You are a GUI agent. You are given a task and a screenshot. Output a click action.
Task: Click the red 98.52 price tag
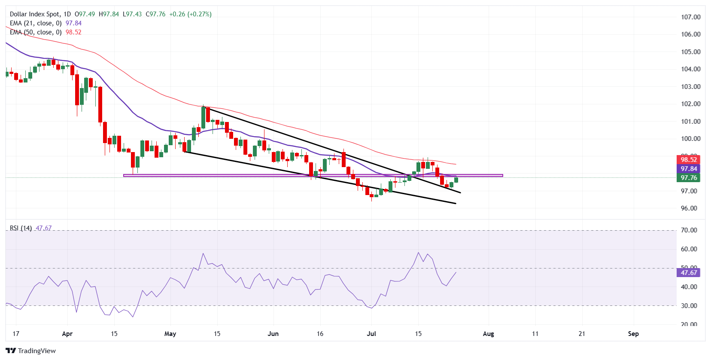tap(689, 160)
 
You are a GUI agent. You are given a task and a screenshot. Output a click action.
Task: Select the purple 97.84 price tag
tap(689, 169)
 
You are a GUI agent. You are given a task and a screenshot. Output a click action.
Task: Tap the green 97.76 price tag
tap(689, 178)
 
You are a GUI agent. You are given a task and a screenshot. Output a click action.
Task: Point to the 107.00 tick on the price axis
tap(690, 17)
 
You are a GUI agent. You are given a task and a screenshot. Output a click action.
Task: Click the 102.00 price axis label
tap(690, 104)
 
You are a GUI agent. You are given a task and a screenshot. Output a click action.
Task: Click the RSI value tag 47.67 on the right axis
tap(689, 273)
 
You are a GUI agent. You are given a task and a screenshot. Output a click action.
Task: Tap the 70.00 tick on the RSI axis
tap(689, 230)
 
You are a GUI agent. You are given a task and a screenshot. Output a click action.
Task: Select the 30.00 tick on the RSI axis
tap(689, 306)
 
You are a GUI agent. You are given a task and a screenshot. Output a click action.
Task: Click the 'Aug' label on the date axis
tap(488, 334)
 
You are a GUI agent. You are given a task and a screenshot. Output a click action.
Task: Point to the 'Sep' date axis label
tap(633, 334)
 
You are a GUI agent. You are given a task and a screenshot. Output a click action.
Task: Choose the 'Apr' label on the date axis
tap(67, 334)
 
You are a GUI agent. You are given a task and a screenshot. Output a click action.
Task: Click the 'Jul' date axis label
tap(371, 334)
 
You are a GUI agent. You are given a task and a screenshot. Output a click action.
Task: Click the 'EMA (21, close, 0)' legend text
tap(36, 23)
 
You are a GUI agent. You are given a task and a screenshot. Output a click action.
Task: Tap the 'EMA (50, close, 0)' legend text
tap(36, 32)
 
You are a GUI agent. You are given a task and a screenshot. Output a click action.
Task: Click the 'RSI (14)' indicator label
tap(21, 228)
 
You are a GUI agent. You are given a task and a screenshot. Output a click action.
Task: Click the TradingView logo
tap(31, 351)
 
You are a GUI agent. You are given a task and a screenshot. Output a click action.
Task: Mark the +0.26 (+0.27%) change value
tap(190, 14)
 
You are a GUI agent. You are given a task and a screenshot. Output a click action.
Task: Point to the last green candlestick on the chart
tap(456, 180)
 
